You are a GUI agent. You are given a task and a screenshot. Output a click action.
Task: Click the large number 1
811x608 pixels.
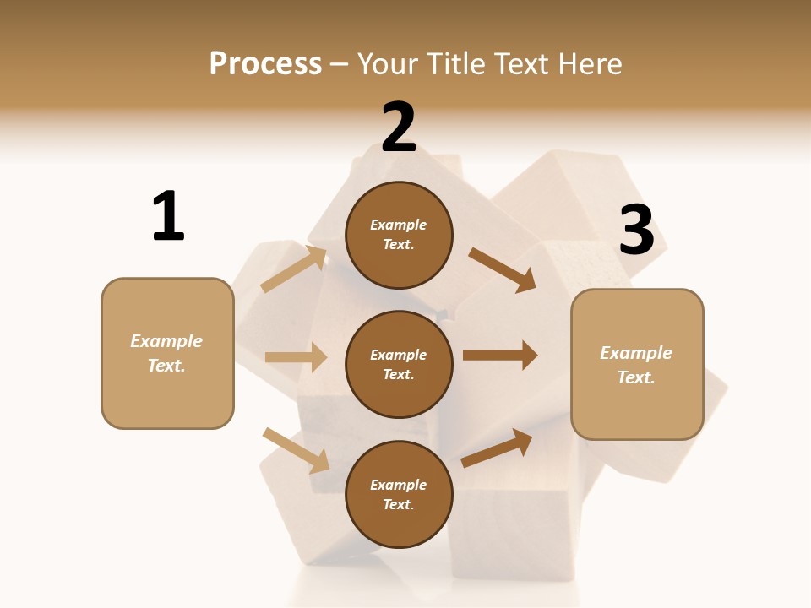pyautogui.click(x=168, y=216)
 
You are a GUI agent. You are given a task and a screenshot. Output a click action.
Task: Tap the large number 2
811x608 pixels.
pyautogui.click(x=399, y=128)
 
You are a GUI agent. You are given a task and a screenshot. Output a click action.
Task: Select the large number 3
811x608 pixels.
pyautogui.click(x=636, y=231)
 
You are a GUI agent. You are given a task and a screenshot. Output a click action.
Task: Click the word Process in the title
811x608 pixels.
pyautogui.click(x=265, y=63)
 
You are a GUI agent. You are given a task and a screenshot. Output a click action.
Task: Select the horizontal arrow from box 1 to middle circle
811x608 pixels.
pyautogui.click(x=296, y=357)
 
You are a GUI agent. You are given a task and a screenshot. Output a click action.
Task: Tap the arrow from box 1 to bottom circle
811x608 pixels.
pyautogui.click(x=297, y=450)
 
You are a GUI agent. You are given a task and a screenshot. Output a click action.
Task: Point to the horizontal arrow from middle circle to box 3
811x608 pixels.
pyautogui.click(x=500, y=355)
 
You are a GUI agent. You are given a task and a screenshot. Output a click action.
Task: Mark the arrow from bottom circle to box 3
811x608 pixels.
pyautogui.click(x=498, y=448)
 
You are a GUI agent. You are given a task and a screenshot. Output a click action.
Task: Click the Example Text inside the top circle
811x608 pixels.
pyautogui.click(x=399, y=235)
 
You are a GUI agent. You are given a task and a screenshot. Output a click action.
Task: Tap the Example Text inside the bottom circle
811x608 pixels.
pyautogui.click(x=399, y=495)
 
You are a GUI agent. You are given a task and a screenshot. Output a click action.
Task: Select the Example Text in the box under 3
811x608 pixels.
pyautogui.click(x=636, y=365)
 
